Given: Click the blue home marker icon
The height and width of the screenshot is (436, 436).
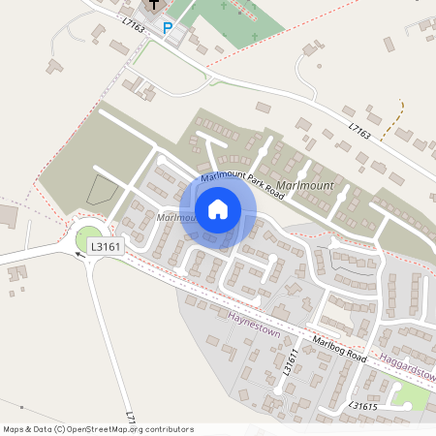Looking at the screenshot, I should (218, 209).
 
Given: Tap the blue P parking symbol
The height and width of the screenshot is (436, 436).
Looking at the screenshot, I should (167, 29).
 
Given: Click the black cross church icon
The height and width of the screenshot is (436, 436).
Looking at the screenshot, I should (153, 5).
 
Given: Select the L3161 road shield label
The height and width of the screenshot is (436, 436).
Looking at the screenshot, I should (106, 247).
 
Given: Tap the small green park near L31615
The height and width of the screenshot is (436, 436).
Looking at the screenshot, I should (411, 397).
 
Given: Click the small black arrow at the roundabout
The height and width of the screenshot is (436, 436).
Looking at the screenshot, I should (78, 256).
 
